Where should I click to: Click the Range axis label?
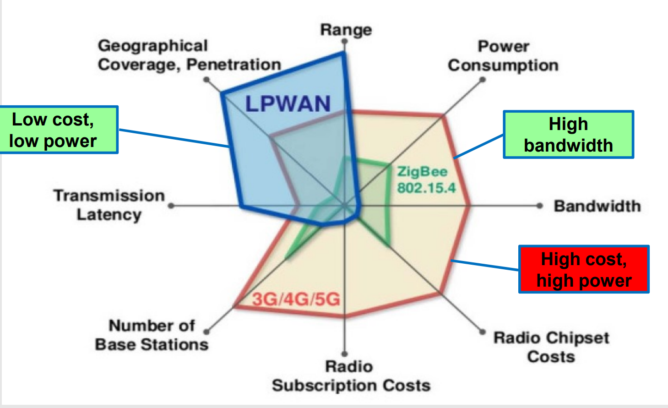tap(346, 30)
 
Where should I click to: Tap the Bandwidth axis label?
tap(597, 206)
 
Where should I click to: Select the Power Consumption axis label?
tap(503, 56)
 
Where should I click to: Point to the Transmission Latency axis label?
tap(109, 205)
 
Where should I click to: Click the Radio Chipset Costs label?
tap(551, 347)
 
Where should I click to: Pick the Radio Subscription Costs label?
tap(351, 376)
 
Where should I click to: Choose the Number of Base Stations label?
tap(152, 335)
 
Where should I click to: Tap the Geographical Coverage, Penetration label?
tap(189, 55)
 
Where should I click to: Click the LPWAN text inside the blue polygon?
tap(288, 104)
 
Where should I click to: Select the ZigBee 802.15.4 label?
tap(426, 180)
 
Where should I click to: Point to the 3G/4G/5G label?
tap(296, 299)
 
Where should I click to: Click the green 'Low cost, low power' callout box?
tap(59, 130)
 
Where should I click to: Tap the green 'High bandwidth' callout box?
tap(568, 135)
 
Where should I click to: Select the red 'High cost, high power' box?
tap(584, 269)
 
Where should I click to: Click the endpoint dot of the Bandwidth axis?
tap(540, 206)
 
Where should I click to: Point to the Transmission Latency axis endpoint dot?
tap(171, 206)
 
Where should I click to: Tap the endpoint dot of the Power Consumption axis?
tap(483, 80)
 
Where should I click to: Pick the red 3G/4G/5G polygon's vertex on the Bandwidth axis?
tap(469, 206)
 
